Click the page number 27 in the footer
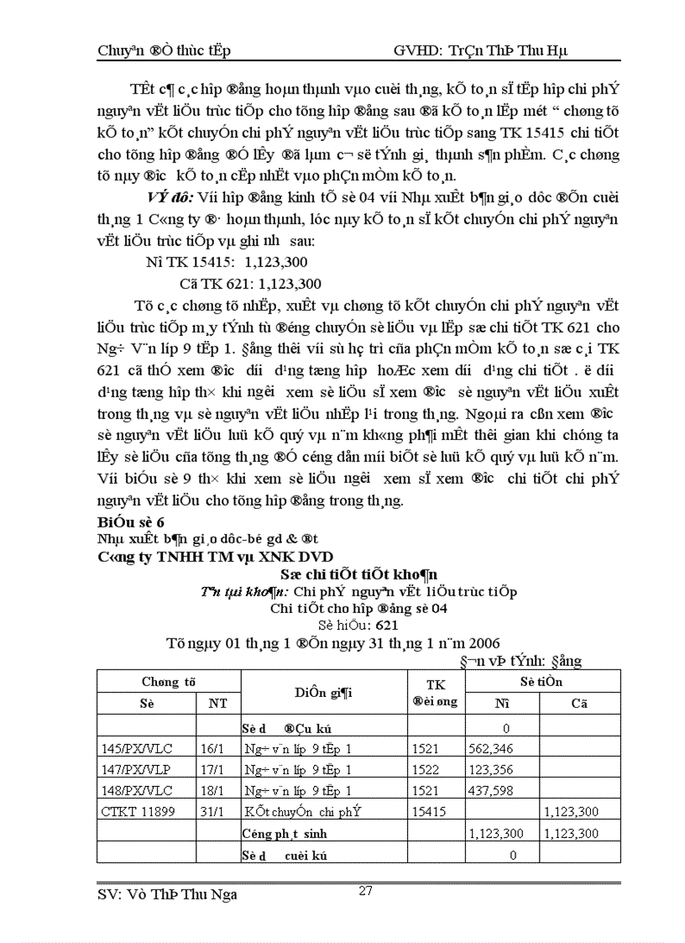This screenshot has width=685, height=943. coord(365,891)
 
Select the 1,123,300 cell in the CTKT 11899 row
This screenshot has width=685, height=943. coord(572,812)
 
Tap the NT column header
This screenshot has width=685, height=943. coord(218,704)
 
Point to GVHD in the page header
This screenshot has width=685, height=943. coord(417,51)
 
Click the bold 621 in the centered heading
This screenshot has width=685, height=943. coord(387,626)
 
